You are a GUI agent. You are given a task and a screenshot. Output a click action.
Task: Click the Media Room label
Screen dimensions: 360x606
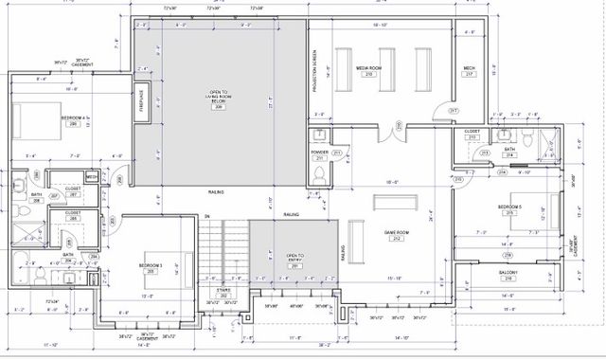point(367,70)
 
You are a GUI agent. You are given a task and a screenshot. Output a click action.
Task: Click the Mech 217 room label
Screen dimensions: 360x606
point(469,70)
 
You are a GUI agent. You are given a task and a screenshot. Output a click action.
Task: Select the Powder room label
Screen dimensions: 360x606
point(319,153)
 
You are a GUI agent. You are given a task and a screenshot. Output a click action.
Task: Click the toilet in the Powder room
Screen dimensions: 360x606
point(319,174)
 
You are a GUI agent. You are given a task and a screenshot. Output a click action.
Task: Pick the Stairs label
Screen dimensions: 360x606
point(224,293)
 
